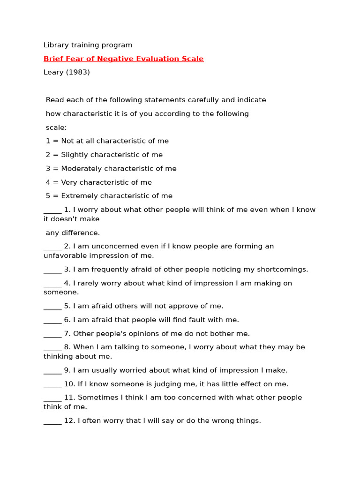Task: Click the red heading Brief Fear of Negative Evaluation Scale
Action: coord(123,59)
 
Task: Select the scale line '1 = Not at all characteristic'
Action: coord(107,141)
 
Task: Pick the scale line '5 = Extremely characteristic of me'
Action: coord(109,196)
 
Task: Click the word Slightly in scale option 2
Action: coord(75,155)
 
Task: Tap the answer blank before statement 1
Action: coord(52,210)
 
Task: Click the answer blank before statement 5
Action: coord(52,307)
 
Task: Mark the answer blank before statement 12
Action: coord(52,421)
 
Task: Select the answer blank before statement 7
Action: coord(52,334)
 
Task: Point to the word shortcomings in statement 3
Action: coord(283,270)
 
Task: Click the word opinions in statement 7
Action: coord(125,334)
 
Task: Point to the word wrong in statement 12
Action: coord(225,421)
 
